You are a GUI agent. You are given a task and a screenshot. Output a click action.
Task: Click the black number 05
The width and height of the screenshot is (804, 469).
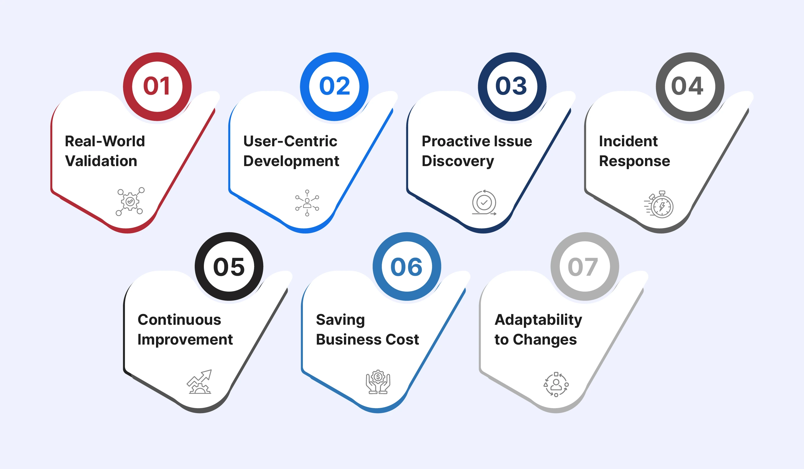(229, 267)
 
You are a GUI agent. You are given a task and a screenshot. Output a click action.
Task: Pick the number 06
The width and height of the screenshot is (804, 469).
(407, 267)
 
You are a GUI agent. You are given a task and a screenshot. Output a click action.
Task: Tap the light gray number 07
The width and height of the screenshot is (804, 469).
(583, 267)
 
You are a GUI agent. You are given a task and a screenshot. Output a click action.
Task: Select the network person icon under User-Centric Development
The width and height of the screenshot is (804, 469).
(307, 203)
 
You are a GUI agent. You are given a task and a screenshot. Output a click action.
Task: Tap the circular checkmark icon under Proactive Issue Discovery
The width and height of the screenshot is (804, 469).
(484, 202)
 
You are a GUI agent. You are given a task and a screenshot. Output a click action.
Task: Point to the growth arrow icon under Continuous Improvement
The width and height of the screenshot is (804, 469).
(199, 382)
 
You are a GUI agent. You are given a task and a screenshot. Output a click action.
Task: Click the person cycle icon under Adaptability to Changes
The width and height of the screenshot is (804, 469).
(556, 384)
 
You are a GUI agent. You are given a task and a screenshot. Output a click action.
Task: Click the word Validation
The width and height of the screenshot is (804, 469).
(101, 161)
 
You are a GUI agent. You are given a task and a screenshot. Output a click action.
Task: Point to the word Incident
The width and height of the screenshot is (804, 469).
(628, 141)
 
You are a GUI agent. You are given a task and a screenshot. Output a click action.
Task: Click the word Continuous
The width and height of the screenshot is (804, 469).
(179, 320)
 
